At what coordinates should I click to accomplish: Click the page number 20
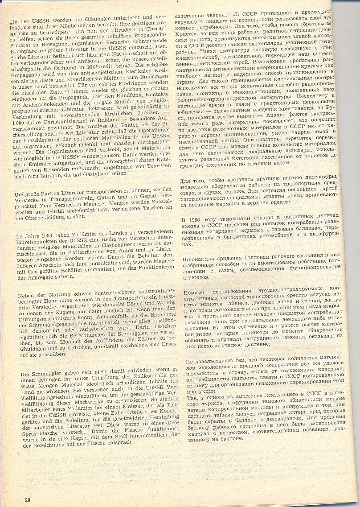pos(27,499)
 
